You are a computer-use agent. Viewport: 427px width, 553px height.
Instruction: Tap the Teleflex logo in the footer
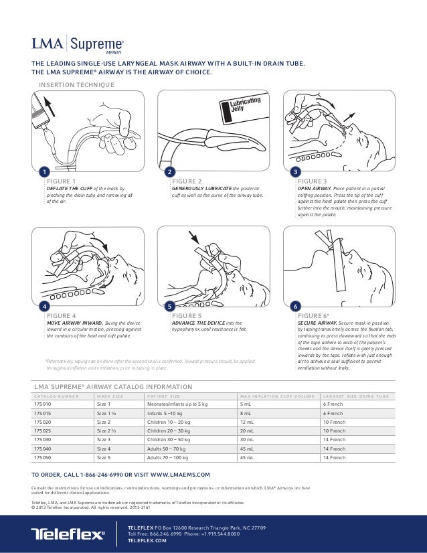click(x=68, y=534)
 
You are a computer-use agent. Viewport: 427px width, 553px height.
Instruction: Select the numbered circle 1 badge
click(x=44, y=172)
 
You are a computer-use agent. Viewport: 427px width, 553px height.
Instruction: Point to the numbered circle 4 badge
click(x=44, y=305)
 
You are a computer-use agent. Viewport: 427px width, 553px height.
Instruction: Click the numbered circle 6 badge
click(x=295, y=305)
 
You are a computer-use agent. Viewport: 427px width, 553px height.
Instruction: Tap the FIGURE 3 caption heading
click(x=312, y=181)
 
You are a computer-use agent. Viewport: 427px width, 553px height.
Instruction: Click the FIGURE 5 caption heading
click(x=187, y=315)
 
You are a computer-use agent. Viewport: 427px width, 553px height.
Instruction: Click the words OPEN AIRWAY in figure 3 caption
click(x=314, y=188)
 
